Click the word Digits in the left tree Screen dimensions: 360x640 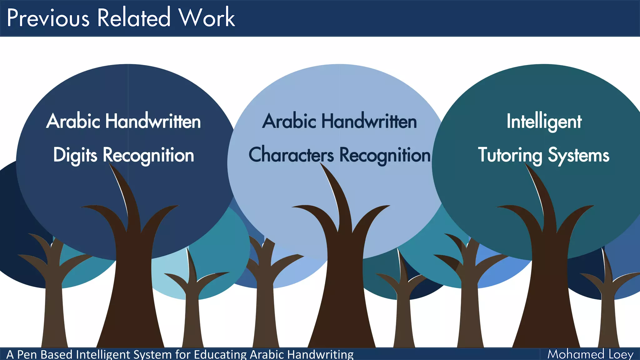tap(75, 155)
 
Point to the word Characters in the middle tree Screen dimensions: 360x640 tap(291, 155)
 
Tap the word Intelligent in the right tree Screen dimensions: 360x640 tap(544, 122)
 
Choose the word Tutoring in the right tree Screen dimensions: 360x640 tap(510, 155)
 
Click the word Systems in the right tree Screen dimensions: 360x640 tap(578, 155)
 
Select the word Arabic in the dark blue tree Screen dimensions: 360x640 tap(73, 121)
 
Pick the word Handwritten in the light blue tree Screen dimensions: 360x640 tap(369, 121)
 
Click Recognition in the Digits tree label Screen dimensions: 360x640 tap(148, 155)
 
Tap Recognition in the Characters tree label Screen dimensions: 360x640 tap(385, 155)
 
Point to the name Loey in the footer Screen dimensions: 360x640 tap(621, 354)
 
